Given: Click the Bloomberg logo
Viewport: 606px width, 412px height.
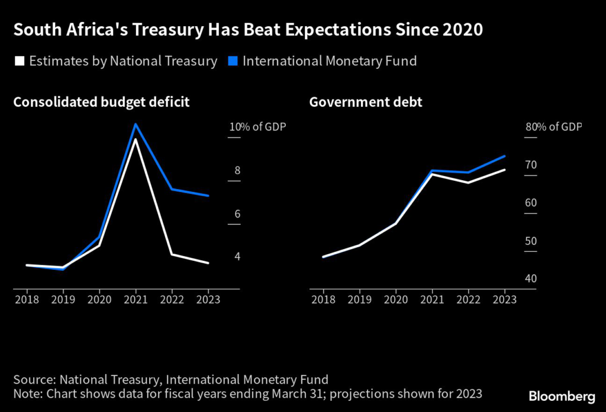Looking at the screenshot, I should coord(562,395).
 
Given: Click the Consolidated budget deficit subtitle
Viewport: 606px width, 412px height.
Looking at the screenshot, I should coord(101,102).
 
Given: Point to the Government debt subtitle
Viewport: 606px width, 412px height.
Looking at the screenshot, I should coord(366,102).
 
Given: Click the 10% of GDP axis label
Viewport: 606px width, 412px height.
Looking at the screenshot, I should coord(257,127).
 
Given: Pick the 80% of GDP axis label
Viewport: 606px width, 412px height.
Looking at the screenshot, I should coord(553,127).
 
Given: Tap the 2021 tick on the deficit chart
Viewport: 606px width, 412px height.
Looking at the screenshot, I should coord(136,299).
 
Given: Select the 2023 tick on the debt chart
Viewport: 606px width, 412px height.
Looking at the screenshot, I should coord(504,299).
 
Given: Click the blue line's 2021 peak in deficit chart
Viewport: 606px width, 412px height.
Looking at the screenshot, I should coord(136,124).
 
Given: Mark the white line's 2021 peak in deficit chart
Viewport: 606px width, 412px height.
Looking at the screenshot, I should coord(136,139).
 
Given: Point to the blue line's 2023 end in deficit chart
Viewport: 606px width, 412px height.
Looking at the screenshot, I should coord(208,196).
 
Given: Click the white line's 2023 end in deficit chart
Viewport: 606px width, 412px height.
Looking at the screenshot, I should coord(208,263).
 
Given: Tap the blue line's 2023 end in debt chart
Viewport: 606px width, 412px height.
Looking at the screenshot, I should coord(504,156).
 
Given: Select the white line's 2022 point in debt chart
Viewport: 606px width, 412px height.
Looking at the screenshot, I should coord(468,183).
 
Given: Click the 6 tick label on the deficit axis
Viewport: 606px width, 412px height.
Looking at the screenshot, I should coord(237,214).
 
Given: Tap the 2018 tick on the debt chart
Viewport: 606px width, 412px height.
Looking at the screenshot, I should coord(323,299).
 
